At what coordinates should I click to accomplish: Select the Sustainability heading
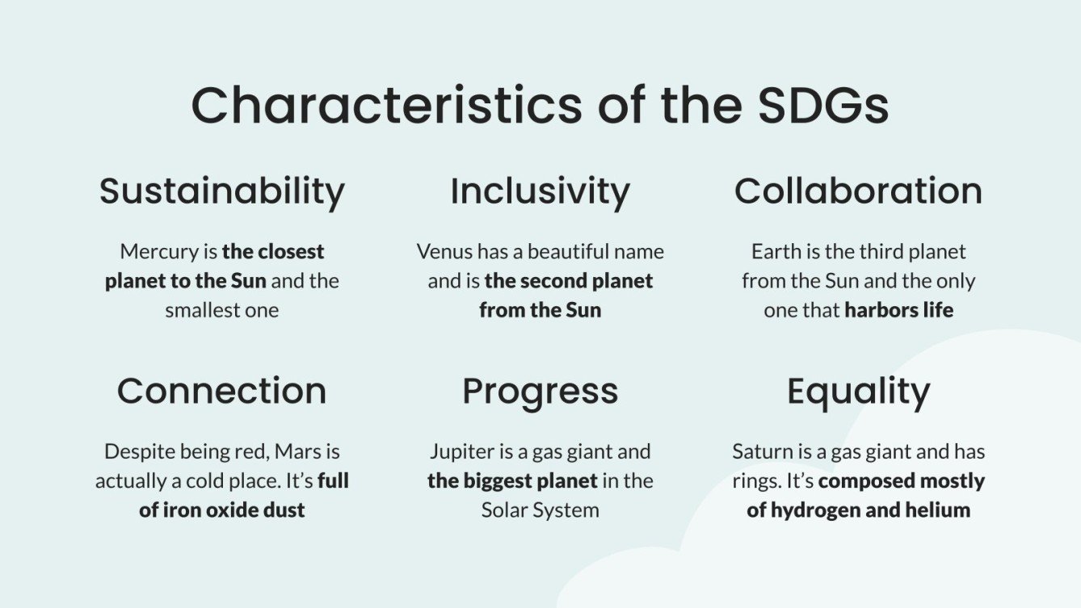click(222, 191)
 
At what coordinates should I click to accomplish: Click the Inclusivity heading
click(540, 191)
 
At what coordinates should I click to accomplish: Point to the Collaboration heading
click(858, 191)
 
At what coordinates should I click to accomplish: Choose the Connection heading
click(222, 391)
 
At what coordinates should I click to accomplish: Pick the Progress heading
click(540, 392)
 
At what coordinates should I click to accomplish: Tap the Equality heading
click(858, 392)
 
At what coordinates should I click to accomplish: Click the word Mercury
click(158, 252)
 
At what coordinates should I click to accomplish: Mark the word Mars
click(297, 451)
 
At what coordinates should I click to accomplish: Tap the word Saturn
click(761, 451)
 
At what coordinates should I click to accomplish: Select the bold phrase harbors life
click(898, 310)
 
